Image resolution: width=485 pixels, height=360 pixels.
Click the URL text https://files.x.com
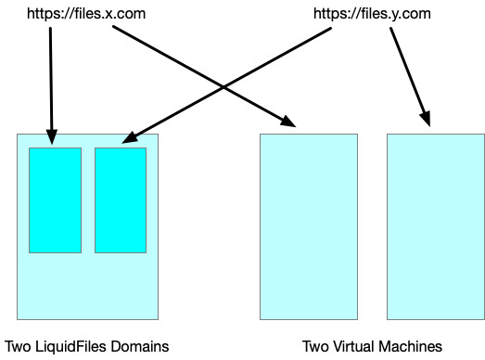[x=86, y=14]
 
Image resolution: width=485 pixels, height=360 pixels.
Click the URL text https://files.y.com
[x=372, y=14]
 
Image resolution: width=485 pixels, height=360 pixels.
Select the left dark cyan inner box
[x=55, y=199]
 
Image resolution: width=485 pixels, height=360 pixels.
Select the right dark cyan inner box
[x=121, y=199]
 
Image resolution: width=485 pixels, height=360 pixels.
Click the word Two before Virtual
[x=315, y=346]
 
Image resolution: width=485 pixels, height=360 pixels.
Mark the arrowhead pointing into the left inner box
[x=51, y=137]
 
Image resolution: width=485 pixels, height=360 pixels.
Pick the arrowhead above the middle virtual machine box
[x=287, y=121]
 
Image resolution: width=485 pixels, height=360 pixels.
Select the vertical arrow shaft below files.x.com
[x=50, y=79]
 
